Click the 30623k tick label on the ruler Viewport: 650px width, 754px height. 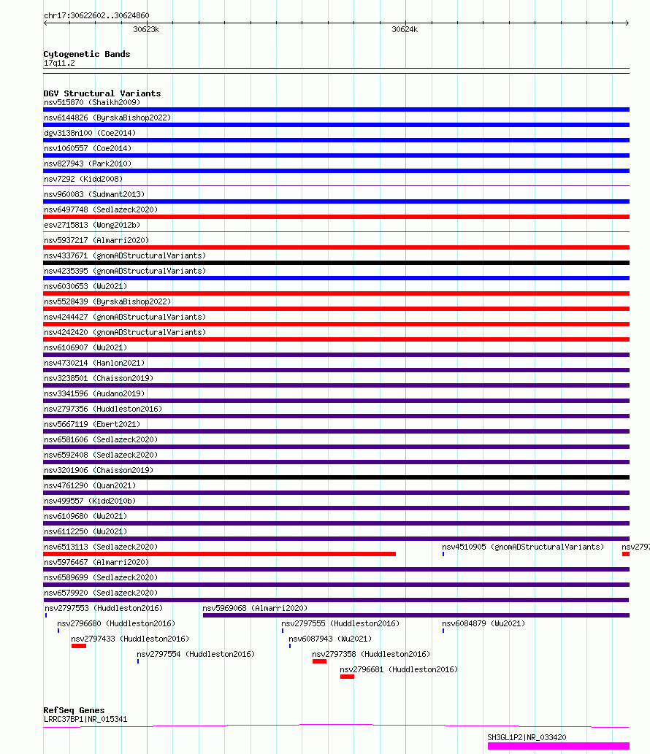pos(146,29)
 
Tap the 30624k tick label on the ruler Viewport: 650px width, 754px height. pos(405,29)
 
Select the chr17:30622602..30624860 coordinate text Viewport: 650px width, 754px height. pos(96,15)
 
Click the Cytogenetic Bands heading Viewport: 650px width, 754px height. pos(87,54)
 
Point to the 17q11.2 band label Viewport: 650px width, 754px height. pos(59,63)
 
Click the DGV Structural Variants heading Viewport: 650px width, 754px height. pos(102,93)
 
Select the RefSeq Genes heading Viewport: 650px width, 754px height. pos(74,710)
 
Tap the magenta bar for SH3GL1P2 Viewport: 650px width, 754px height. pos(559,746)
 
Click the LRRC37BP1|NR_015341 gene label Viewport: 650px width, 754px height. pos(85,720)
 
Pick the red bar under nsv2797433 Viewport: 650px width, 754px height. pos(79,646)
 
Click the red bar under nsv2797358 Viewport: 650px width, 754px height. pos(319,662)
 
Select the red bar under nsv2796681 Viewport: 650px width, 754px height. pos(347,677)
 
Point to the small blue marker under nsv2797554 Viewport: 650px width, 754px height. pos(138,662)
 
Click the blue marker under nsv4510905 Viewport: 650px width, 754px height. pos(443,555)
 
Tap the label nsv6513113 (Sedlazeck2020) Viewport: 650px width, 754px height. pos(101,547)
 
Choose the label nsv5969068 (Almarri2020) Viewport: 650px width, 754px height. pos(255,608)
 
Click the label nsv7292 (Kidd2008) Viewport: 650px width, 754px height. pos(83,179)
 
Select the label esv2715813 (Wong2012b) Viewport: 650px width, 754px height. pos(92,225)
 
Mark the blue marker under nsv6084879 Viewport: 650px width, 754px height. pos(443,631)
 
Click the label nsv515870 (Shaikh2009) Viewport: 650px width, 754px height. pos(92,102)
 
